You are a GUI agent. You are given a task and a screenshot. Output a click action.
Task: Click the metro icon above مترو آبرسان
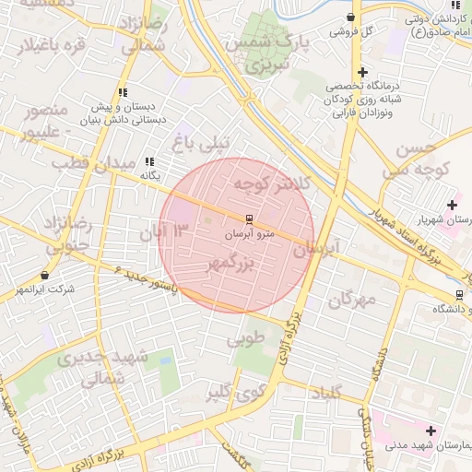pyautogui.click(x=249, y=218)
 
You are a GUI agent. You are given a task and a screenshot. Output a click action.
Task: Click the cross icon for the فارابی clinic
pyautogui.click(x=363, y=72)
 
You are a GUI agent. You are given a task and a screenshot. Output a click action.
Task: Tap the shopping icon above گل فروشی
pyautogui.click(x=350, y=17)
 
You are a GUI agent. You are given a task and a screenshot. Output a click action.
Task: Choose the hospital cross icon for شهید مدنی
pyautogui.click(x=431, y=430)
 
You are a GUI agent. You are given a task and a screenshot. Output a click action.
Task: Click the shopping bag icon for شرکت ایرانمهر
pyautogui.click(x=44, y=275)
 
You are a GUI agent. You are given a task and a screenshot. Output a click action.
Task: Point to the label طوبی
pyautogui.click(x=245, y=339)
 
